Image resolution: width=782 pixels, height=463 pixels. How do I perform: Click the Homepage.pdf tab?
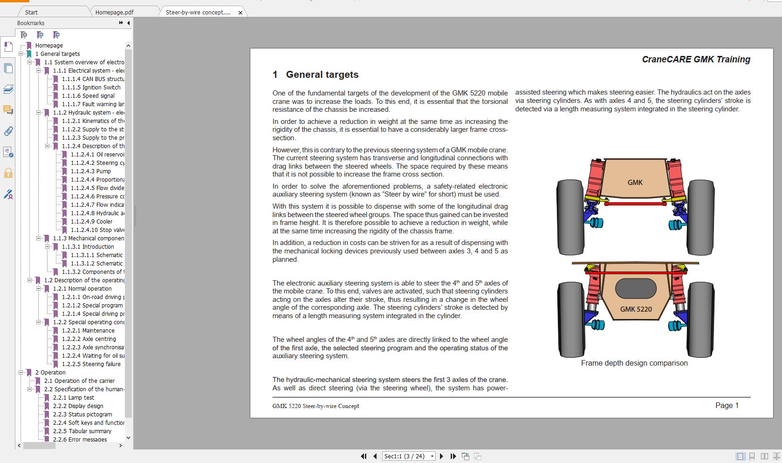pyautogui.click(x=114, y=12)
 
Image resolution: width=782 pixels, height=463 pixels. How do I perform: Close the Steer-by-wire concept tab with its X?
pyautogui.click(x=240, y=13)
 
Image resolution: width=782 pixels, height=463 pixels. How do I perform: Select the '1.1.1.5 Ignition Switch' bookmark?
pyautogui.click(x=91, y=88)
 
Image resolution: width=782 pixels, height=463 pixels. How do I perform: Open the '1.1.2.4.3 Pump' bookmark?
pyautogui.click(x=91, y=171)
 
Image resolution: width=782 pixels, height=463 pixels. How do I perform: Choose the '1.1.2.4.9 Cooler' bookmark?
pyautogui.click(x=91, y=222)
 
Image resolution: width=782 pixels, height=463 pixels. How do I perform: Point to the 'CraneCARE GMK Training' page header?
pyautogui.click(x=696, y=59)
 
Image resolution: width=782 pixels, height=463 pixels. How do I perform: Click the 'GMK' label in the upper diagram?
pyautogui.click(x=635, y=183)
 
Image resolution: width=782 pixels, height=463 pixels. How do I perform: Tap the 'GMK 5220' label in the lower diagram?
pyautogui.click(x=636, y=309)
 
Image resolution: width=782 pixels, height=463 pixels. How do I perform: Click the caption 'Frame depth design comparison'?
pyautogui.click(x=634, y=363)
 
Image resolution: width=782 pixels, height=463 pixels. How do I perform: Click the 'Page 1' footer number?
pyautogui.click(x=727, y=405)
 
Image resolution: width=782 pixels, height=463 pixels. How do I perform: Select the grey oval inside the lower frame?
pyautogui.click(x=636, y=289)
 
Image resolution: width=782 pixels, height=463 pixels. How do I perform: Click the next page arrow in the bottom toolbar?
pyautogui.click(x=441, y=456)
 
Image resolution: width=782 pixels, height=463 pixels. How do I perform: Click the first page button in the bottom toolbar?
pyautogui.click(x=364, y=456)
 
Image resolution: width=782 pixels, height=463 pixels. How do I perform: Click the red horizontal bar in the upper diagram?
pyautogui.click(x=635, y=204)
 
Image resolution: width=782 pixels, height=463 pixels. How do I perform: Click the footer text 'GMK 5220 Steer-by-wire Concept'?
pyautogui.click(x=316, y=406)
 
